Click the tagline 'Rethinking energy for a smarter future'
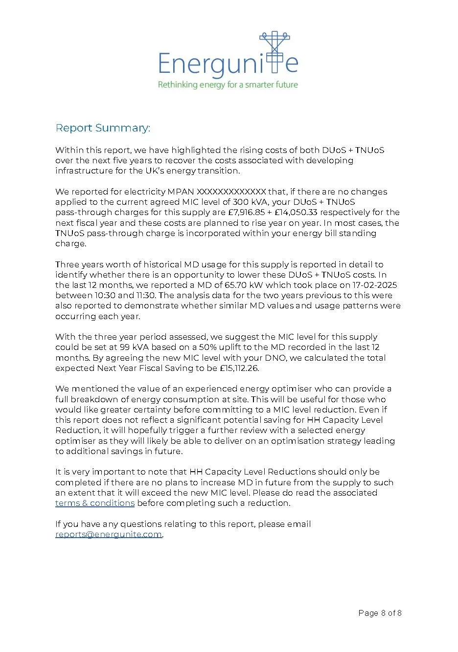(228, 85)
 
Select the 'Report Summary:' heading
(103, 128)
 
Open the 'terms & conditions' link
(95, 503)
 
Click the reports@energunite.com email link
(109, 535)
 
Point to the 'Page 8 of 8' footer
(380, 613)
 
